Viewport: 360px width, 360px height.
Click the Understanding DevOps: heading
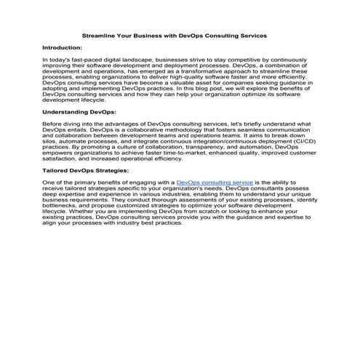tap(79, 113)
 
